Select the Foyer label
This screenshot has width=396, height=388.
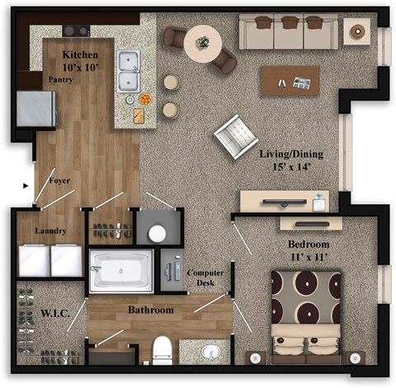59,180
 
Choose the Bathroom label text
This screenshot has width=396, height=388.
150,311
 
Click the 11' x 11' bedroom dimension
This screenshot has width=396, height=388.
309,258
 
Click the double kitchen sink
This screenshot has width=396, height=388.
129,70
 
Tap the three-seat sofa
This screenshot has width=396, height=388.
289,32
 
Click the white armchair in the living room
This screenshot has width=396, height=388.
235,136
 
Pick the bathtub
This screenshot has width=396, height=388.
121,271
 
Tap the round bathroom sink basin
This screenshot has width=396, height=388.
211,353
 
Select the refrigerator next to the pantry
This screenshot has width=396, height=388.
37,109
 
